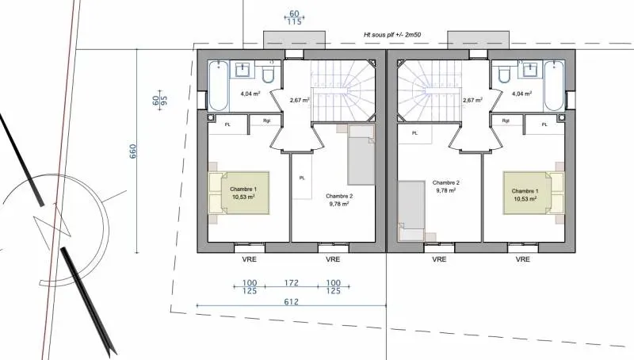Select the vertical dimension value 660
(x=133, y=151)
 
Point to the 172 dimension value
(x=292, y=282)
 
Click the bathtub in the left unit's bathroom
(x=218, y=84)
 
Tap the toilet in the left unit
(x=267, y=74)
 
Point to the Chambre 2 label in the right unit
(x=447, y=186)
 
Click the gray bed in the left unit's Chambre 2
(x=361, y=155)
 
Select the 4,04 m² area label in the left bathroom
(x=250, y=94)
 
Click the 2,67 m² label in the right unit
(x=472, y=101)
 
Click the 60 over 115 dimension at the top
(x=294, y=18)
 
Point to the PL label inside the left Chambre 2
(x=301, y=178)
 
